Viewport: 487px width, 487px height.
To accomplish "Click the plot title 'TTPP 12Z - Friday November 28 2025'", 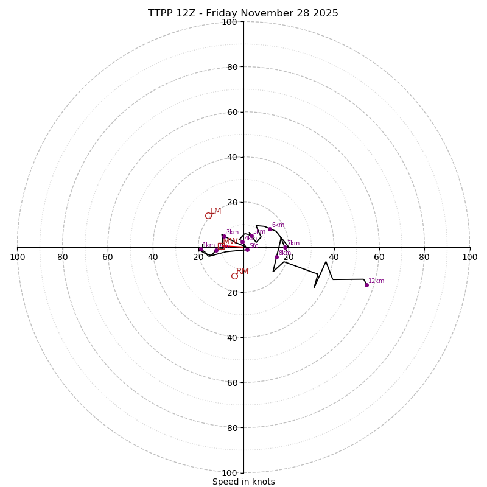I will click(x=243, y=13).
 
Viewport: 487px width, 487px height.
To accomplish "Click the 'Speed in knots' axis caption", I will click(x=243, y=482).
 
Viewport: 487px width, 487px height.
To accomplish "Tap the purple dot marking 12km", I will click(x=366, y=285).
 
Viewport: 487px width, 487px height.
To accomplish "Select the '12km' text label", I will click(x=376, y=281).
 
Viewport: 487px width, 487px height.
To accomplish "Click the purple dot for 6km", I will click(x=270, y=229).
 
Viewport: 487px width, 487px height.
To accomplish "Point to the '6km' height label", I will click(x=278, y=225).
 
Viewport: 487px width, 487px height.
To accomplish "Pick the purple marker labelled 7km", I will click(x=286, y=247).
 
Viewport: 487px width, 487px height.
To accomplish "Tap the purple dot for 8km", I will click(x=276, y=257).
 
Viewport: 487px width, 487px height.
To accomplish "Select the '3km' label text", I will click(x=233, y=233).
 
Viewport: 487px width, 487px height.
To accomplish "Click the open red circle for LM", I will click(x=208, y=215).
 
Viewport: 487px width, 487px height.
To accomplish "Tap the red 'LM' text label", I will click(x=215, y=211).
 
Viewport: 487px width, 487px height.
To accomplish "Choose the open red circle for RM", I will click(x=234, y=276).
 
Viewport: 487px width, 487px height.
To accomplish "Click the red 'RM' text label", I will click(x=242, y=272).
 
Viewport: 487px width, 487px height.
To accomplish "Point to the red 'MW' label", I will click(x=230, y=242).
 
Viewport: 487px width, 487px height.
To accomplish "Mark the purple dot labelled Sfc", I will click(x=247, y=250).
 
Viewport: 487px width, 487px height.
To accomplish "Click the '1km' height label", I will click(x=209, y=245).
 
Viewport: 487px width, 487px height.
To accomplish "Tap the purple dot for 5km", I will click(x=251, y=236).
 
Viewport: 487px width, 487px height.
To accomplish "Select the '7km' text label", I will click(x=293, y=243).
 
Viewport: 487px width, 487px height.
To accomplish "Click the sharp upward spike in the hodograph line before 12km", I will click(x=326, y=262).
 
